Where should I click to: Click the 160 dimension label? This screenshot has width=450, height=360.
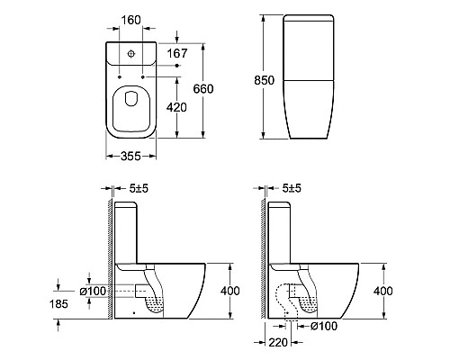click(x=131, y=20)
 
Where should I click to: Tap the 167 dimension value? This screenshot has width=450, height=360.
click(x=177, y=53)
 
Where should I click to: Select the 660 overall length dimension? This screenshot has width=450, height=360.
click(x=203, y=89)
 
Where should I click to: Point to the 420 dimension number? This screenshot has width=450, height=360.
click(x=176, y=107)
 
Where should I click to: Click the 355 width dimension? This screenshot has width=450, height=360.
click(x=130, y=156)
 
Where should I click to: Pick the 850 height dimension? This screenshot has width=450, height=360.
click(x=264, y=80)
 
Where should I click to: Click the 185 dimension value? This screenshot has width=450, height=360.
click(x=58, y=304)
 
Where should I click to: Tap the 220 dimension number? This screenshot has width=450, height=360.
click(x=278, y=342)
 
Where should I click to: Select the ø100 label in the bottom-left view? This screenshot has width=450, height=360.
click(x=93, y=291)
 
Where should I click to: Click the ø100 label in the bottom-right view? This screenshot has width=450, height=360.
click(x=324, y=326)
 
